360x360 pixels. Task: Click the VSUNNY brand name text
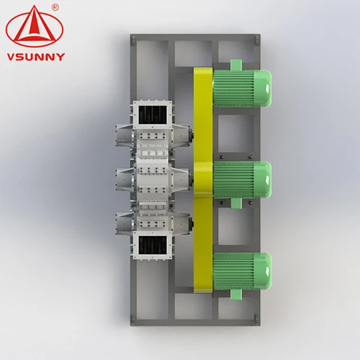[36, 57]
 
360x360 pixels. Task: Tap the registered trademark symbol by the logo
[55, 8]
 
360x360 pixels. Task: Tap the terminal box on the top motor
[236, 65]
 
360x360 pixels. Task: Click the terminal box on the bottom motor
[236, 294]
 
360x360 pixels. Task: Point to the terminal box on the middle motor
[236, 203]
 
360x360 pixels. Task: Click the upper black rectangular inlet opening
[153, 115]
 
